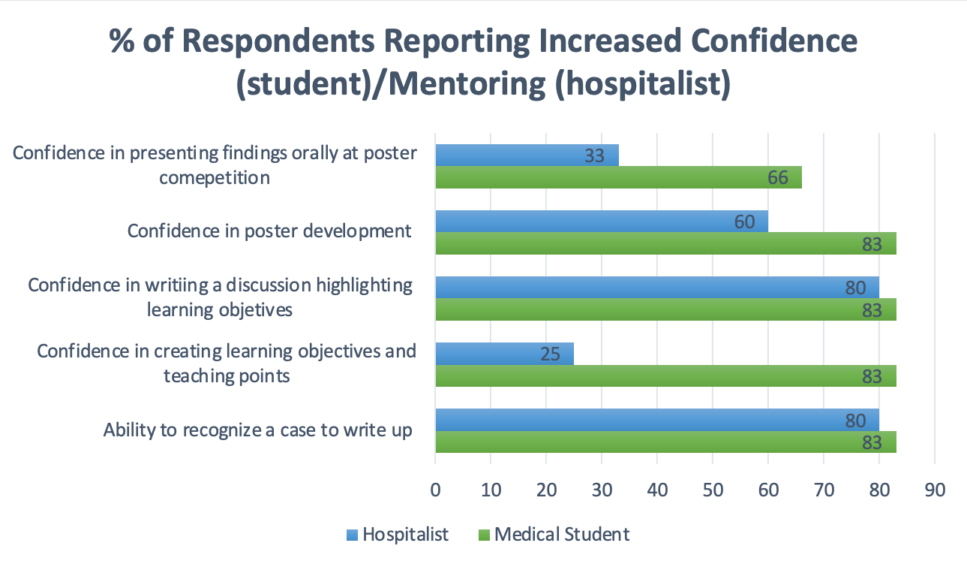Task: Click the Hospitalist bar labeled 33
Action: point(525,155)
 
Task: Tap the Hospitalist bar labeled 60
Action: point(600,222)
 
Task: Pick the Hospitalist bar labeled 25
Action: point(503,354)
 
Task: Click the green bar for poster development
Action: point(665,244)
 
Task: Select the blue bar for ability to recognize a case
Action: point(656,420)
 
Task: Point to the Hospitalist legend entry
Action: point(397,535)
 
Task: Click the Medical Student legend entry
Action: point(554,535)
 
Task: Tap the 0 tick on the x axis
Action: point(435,489)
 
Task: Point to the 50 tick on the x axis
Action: point(713,489)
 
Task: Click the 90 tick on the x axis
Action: point(934,489)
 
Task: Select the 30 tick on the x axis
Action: point(602,489)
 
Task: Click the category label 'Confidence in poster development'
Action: point(269,231)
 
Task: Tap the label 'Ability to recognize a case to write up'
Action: point(258,430)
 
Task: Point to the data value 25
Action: point(550,354)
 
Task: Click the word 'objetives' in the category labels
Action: point(257,309)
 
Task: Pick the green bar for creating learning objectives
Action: point(665,375)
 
